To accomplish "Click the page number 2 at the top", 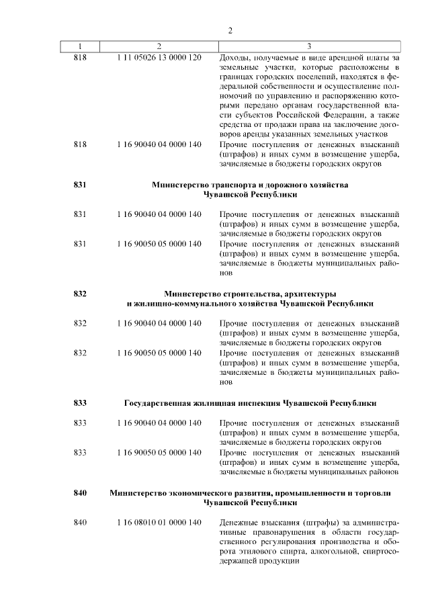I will click(x=230, y=31).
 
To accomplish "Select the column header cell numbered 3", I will click(x=308, y=46).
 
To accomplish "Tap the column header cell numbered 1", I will click(x=80, y=46).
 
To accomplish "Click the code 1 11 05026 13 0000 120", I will click(x=159, y=57).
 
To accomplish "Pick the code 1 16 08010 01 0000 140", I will click(x=159, y=522).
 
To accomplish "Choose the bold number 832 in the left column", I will click(x=80, y=293).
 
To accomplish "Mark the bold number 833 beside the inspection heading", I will click(x=80, y=403).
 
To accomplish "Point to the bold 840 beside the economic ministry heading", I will click(x=80, y=493).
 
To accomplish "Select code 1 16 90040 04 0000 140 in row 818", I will click(x=159, y=144).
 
